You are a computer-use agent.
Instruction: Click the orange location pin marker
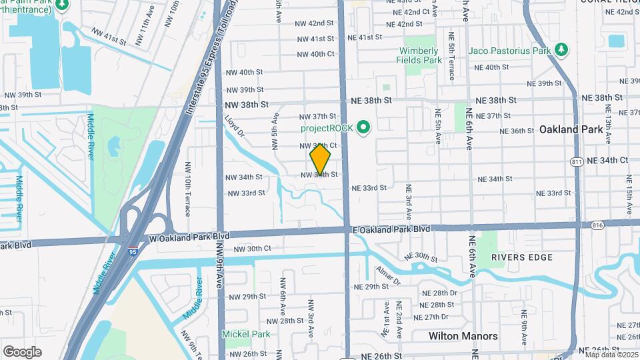point(321,159)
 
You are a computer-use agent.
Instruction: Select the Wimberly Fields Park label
point(421,55)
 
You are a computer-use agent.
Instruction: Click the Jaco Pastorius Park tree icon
point(561,50)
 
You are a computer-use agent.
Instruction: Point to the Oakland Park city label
point(575,129)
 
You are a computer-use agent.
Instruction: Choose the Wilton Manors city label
point(463,336)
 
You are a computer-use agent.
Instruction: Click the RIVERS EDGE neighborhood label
point(519,257)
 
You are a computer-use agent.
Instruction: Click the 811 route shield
point(578,162)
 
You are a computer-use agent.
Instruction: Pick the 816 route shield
point(597,226)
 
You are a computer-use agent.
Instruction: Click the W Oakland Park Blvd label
point(189,237)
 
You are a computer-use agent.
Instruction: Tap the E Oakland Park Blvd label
point(391,229)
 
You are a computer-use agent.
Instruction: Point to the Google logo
point(22,351)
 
